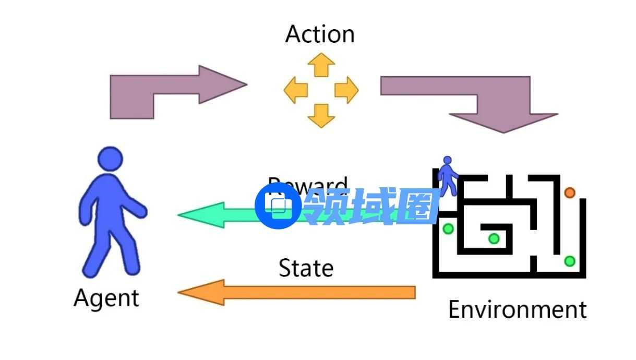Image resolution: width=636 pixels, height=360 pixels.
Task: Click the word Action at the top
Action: (x=320, y=34)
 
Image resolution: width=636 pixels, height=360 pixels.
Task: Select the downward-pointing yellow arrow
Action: (x=321, y=115)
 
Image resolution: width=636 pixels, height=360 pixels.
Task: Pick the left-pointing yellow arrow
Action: (x=296, y=90)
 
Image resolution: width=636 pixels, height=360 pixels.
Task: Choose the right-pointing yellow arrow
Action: (x=346, y=90)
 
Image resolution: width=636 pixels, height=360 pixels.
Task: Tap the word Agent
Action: (x=106, y=298)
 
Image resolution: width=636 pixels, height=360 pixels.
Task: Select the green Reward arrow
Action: (x=219, y=214)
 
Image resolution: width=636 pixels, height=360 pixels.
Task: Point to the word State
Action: (x=306, y=268)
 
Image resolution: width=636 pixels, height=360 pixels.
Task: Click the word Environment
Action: (x=517, y=309)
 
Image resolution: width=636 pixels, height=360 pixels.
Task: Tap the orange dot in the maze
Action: (x=569, y=193)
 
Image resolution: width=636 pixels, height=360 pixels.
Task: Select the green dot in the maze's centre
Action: (x=494, y=239)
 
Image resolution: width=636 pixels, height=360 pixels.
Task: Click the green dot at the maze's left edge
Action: (x=448, y=229)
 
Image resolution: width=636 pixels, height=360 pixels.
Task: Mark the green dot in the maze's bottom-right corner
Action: (x=570, y=261)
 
